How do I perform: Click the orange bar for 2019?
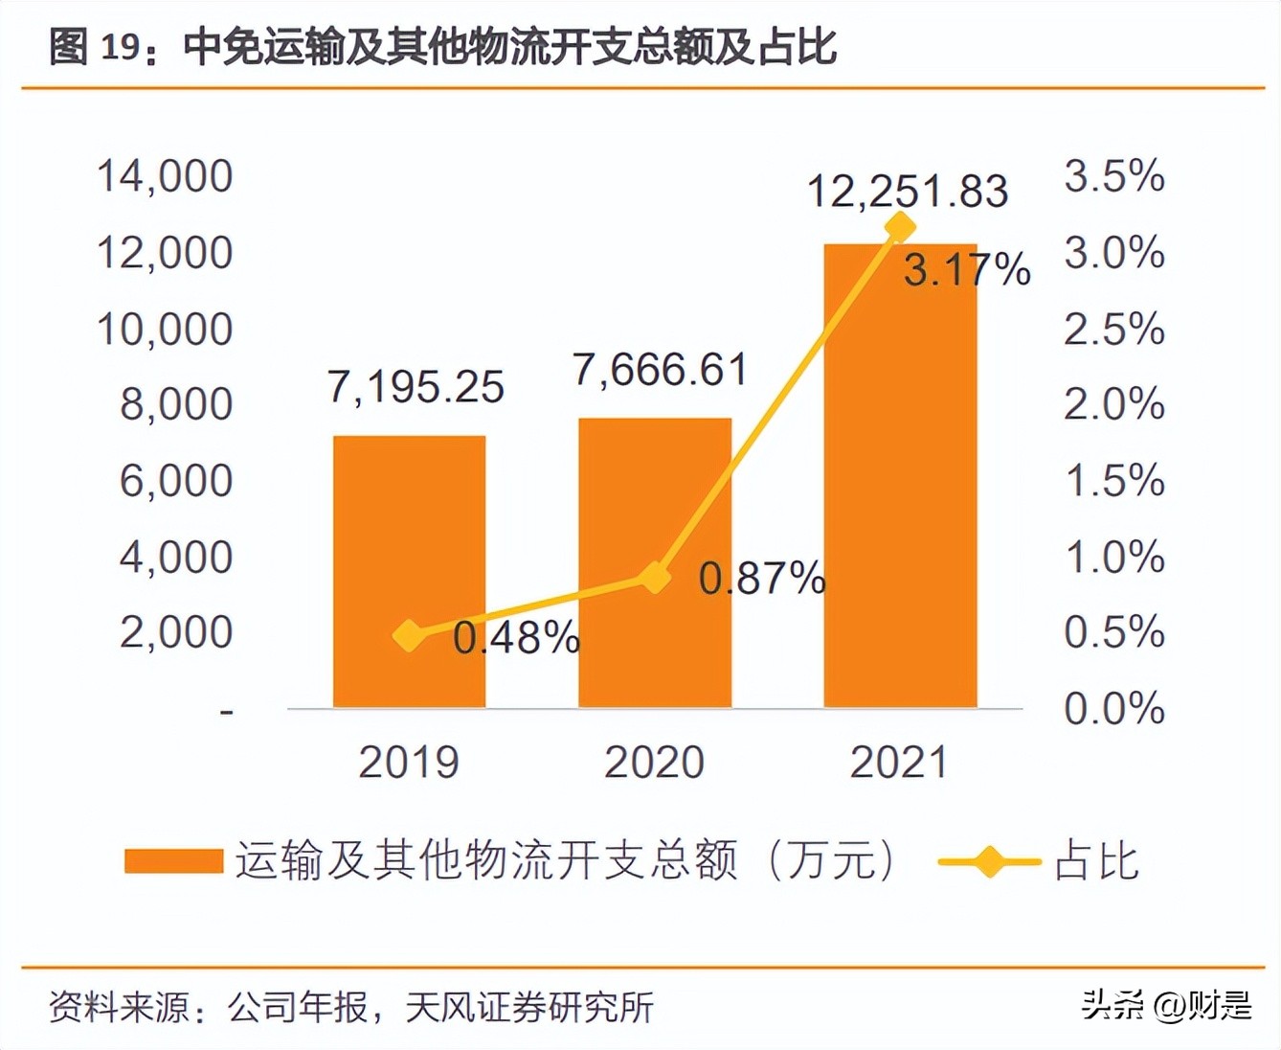[409, 572]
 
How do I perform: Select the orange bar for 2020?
[655, 563]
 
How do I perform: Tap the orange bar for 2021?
[900, 476]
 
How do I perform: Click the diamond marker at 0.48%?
[410, 635]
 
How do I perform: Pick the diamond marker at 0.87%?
[655, 578]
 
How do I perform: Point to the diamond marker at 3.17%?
[900, 227]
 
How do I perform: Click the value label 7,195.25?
[416, 387]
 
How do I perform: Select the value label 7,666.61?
[660, 370]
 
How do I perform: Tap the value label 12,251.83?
[908, 191]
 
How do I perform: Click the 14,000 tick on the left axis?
[165, 176]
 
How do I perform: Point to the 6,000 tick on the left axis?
[176, 480]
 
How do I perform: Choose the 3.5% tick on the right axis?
[1114, 176]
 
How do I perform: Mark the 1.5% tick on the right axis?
[1114, 480]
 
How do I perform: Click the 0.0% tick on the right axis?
[1114, 709]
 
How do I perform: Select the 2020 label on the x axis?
[655, 763]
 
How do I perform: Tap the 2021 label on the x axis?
[900, 763]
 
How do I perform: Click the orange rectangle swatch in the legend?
[173, 860]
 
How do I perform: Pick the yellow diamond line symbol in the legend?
[989, 861]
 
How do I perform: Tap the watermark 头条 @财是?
[1166, 1005]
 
